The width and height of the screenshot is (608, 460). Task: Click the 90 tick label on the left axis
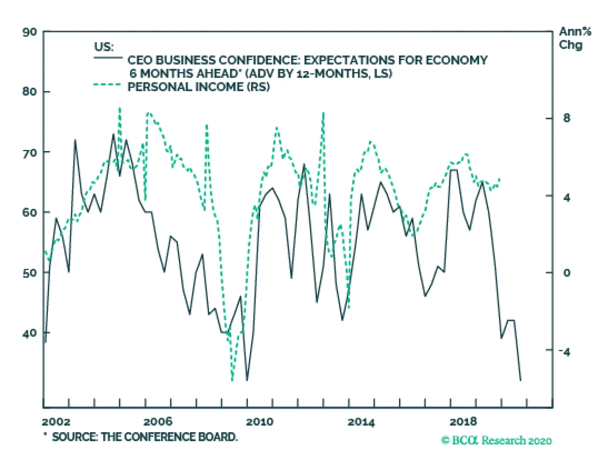coord(30,32)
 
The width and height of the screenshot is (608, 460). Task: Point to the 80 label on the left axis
coord(30,92)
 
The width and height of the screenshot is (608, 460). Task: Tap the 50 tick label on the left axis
coord(30,273)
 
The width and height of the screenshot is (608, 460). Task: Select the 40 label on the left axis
coord(30,333)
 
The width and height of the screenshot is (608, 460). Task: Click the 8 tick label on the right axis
coord(567,118)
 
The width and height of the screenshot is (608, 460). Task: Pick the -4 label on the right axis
coord(565,352)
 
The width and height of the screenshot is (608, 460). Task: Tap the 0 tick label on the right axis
coord(567,273)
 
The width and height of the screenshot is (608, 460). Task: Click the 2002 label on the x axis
coord(56,422)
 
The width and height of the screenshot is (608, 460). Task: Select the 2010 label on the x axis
coord(260,422)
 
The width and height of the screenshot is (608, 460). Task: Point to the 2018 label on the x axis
coord(463,422)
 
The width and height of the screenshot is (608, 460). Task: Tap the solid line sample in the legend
coord(108,58)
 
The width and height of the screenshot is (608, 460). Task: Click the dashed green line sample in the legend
coord(107,85)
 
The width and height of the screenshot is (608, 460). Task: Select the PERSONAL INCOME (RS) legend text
coord(198,87)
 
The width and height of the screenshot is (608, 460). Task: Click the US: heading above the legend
coord(104,47)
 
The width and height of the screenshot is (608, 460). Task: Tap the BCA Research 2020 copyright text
coord(496,440)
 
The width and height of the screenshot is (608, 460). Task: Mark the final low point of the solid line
coord(520,380)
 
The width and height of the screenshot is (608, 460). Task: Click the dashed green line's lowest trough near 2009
coord(232,380)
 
